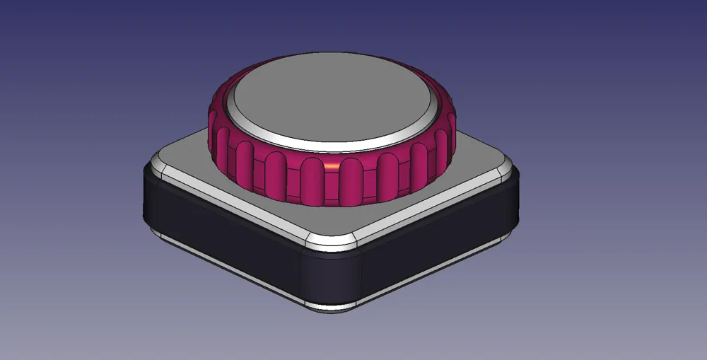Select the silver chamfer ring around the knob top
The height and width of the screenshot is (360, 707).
click(x=332, y=145)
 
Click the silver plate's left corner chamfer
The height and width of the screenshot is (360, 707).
click(x=157, y=168)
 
